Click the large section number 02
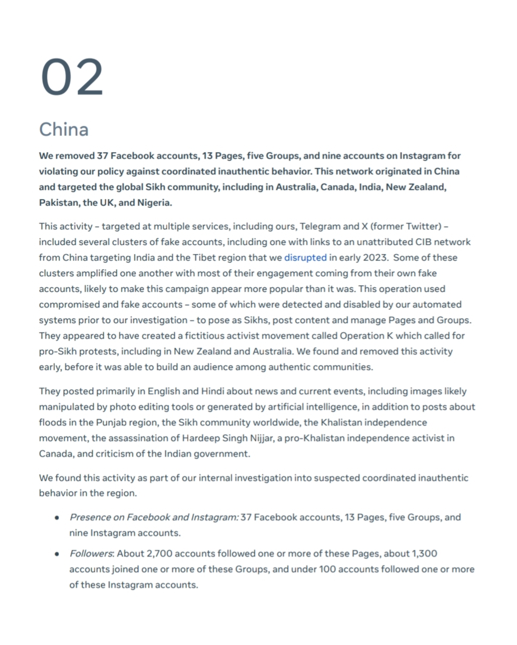pos(72,78)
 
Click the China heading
pos(64,130)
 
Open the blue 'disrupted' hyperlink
pos(305,257)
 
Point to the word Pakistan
pos(58,203)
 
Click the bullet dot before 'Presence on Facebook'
pos(58,518)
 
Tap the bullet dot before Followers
pos(58,554)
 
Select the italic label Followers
pos(91,554)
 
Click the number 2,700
pos(159,554)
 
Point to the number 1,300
pos(424,554)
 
